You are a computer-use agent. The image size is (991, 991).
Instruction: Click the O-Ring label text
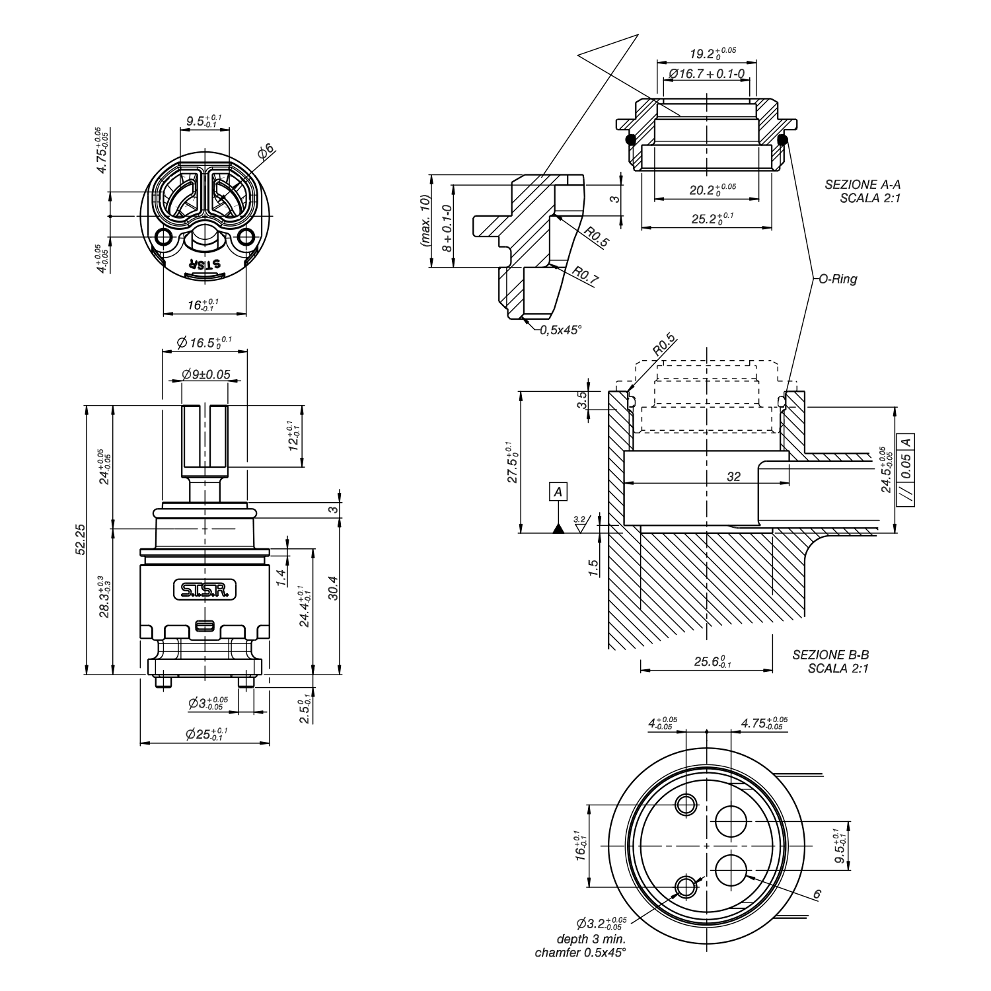[x=838, y=279]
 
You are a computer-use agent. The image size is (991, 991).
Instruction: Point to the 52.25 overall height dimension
[x=80, y=540]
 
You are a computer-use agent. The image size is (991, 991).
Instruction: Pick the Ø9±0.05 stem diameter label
[x=206, y=375]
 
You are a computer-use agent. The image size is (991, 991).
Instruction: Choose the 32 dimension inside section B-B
[x=733, y=476]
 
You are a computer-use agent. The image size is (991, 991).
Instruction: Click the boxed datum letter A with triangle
[x=559, y=492]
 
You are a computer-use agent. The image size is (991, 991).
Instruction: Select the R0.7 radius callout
[x=585, y=275]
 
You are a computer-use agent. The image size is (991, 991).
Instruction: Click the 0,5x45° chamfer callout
[x=560, y=329]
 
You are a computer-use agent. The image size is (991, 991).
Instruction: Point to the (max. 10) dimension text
[x=423, y=221]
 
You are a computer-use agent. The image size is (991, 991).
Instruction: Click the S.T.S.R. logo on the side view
[x=205, y=590]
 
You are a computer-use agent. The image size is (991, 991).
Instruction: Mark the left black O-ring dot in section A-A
[x=630, y=139]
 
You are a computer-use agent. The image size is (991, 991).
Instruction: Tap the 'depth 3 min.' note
[x=591, y=939]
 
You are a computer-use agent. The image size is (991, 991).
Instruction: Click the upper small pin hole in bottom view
[x=686, y=804]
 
